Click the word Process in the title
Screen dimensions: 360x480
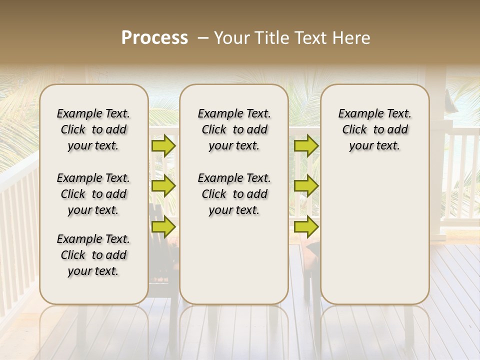pos(154,38)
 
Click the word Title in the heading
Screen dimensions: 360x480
pos(267,38)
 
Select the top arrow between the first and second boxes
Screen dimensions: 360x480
pos(163,146)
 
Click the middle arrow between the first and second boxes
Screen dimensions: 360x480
pos(163,186)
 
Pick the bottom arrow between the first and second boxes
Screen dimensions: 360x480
pos(163,226)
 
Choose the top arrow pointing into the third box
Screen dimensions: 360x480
pos(306,146)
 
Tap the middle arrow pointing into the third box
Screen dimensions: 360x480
pos(306,186)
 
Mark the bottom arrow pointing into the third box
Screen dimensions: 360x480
pos(306,226)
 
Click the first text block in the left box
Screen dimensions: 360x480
pos(93,129)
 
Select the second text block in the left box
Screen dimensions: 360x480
pos(93,194)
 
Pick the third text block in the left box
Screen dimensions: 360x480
pos(93,255)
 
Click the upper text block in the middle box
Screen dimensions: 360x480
pos(234,129)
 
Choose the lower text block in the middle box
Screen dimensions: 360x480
pos(234,194)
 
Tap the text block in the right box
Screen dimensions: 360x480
pos(374,129)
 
